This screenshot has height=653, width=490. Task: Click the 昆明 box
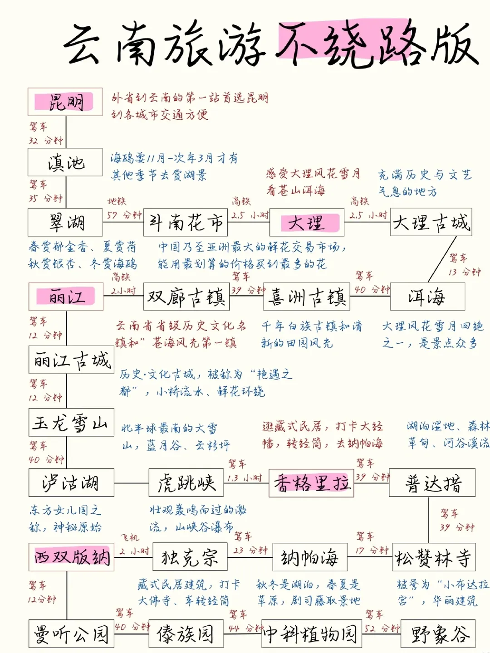65,102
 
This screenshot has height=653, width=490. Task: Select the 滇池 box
65,162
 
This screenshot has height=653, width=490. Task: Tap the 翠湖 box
66,222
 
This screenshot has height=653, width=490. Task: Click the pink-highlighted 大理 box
307,223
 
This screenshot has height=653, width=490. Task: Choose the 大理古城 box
431,222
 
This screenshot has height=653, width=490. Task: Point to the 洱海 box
427,297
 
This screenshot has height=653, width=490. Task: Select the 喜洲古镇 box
307,297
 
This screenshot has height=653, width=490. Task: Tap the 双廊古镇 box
186,297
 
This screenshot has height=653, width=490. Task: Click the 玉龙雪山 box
71,423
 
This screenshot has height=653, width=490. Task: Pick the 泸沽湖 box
71,482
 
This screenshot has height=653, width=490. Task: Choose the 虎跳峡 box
186,482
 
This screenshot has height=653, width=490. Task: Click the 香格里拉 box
311,483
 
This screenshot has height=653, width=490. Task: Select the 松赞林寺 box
434,557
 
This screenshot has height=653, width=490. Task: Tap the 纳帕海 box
310,557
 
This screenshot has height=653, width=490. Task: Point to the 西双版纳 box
71,556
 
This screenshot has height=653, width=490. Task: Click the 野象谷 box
438,634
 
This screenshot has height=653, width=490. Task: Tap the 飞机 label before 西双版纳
130,538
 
